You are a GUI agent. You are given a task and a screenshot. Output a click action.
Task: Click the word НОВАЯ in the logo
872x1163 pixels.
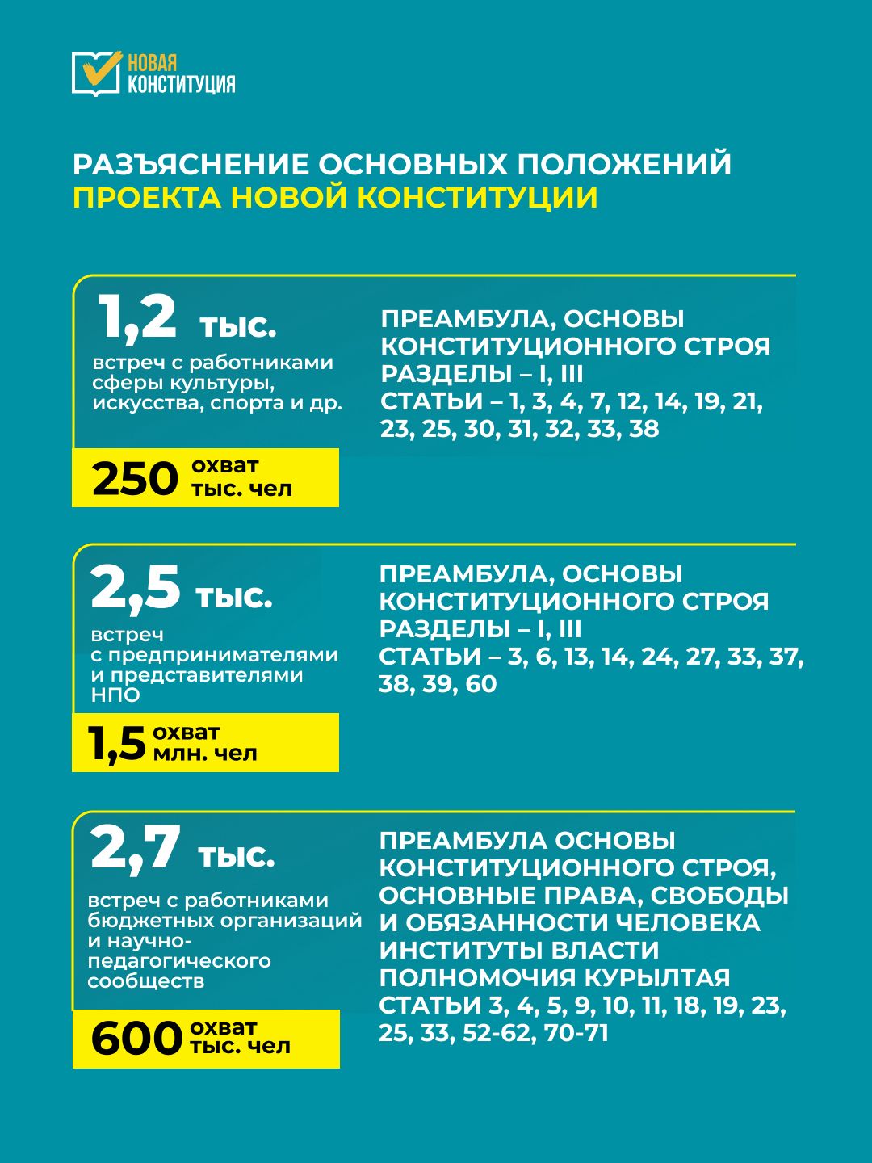[x=152, y=63]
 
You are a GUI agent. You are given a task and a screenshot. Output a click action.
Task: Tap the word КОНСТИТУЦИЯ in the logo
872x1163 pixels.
[x=182, y=84]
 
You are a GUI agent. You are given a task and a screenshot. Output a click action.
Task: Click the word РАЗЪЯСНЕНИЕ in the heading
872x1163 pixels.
[x=191, y=164]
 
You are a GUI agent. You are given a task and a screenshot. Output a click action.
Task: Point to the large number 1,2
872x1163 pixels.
[x=137, y=317]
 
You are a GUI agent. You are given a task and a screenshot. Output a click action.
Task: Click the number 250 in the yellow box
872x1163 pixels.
[x=135, y=478]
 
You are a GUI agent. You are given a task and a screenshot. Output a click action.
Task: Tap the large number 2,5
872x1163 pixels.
[x=136, y=587]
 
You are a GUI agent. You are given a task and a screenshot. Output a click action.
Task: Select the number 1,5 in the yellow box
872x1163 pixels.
[x=118, y=743]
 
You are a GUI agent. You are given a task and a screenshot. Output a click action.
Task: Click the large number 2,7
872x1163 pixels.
[x=136, y=848]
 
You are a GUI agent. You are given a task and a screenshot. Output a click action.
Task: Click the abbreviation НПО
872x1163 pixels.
[x=115, y=695]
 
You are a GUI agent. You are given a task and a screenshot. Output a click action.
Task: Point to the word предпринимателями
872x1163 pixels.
[x=223, y=655]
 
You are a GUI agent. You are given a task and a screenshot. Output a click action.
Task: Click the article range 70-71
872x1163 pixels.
[x=576, y=1033]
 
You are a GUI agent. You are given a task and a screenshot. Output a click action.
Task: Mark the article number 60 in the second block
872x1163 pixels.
[x=481, y=684]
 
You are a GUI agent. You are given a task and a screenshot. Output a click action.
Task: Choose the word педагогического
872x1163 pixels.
[x=179, y=961]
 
